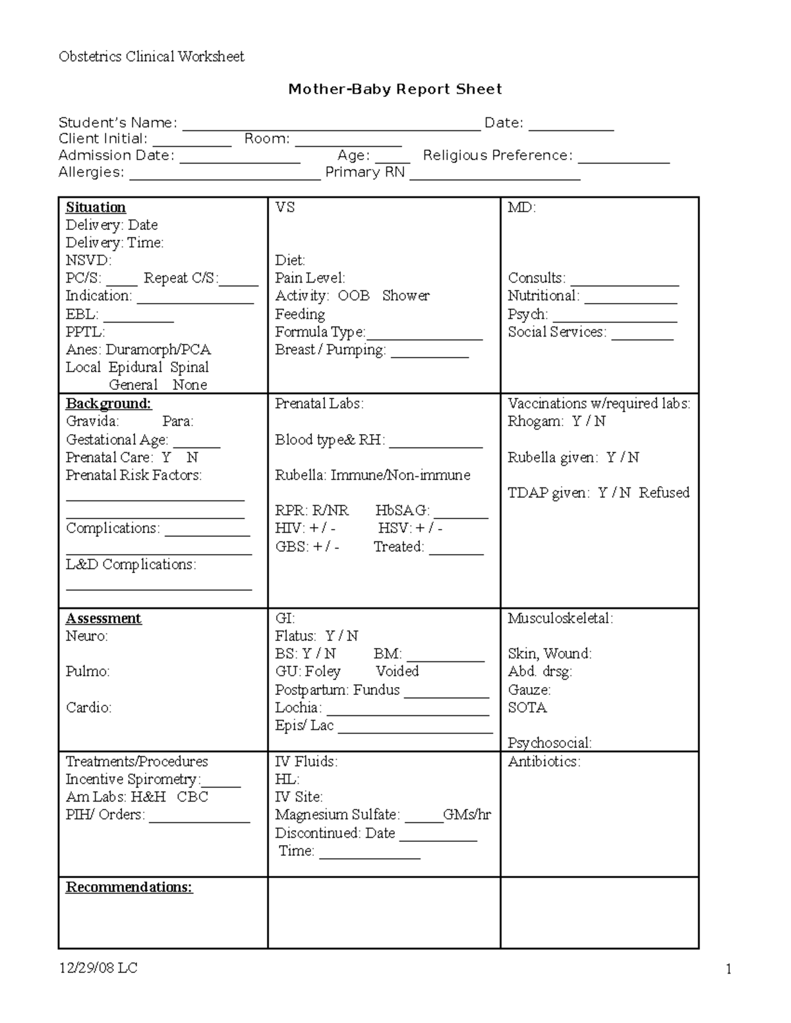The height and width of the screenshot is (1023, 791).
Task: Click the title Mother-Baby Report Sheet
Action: point(395,89)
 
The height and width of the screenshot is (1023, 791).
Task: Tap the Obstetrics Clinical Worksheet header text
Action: point(151,57)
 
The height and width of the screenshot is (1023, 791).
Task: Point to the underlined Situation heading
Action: point(96,207)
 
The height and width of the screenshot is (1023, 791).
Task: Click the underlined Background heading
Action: point(108,404)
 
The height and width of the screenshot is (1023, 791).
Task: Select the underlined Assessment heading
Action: point(103,619)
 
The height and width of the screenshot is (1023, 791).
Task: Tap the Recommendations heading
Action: point(129,887)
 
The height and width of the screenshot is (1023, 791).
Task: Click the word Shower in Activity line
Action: point(405,296)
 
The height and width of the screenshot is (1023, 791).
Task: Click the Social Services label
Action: point(556,332)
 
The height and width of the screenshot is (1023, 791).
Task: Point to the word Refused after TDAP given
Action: point(664,493)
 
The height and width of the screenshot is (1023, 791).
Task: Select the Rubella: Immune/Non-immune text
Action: point(372,475)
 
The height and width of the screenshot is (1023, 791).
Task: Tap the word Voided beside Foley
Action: point(397,671)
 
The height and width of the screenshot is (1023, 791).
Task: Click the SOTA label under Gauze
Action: point(527,707)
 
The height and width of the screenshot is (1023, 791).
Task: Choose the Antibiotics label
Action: point(544,762)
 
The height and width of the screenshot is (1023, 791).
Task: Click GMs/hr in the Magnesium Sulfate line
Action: point(467,815)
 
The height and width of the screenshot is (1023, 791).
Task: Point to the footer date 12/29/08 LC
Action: point(98,968)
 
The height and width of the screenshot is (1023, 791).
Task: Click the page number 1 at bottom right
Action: point(728,969)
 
